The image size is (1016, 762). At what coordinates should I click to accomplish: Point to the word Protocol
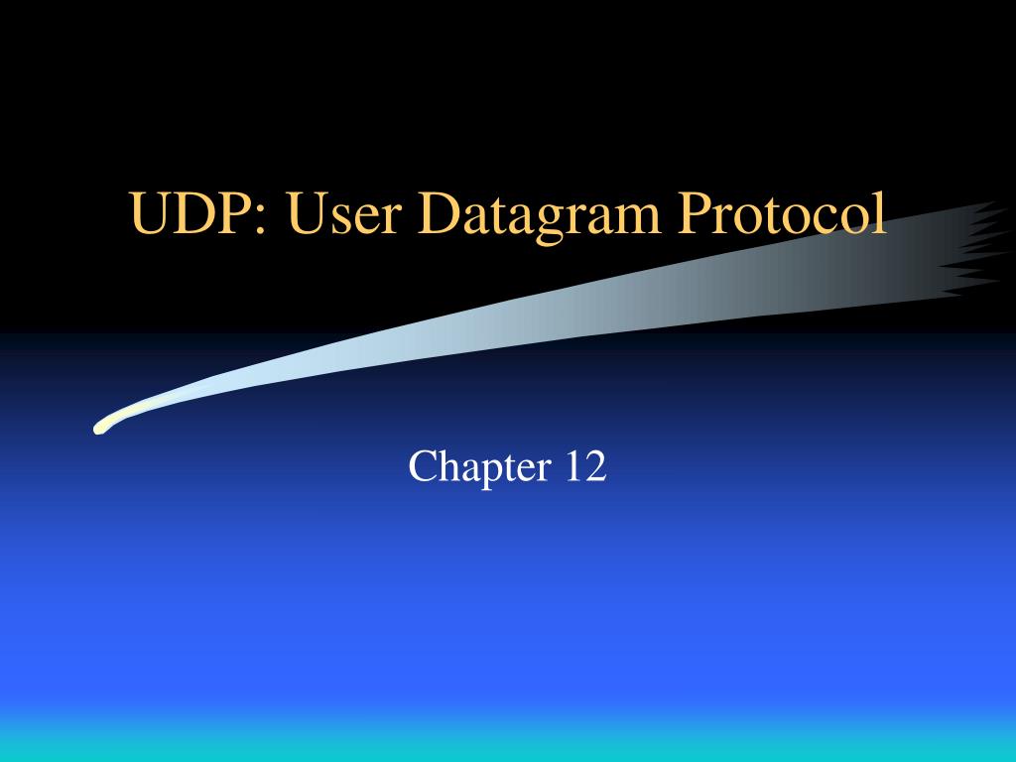[783, 215]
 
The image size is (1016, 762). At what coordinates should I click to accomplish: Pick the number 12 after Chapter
[585, 466]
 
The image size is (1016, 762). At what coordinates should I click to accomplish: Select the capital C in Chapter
[422, 466]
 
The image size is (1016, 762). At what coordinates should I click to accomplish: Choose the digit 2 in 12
[595, 466]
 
